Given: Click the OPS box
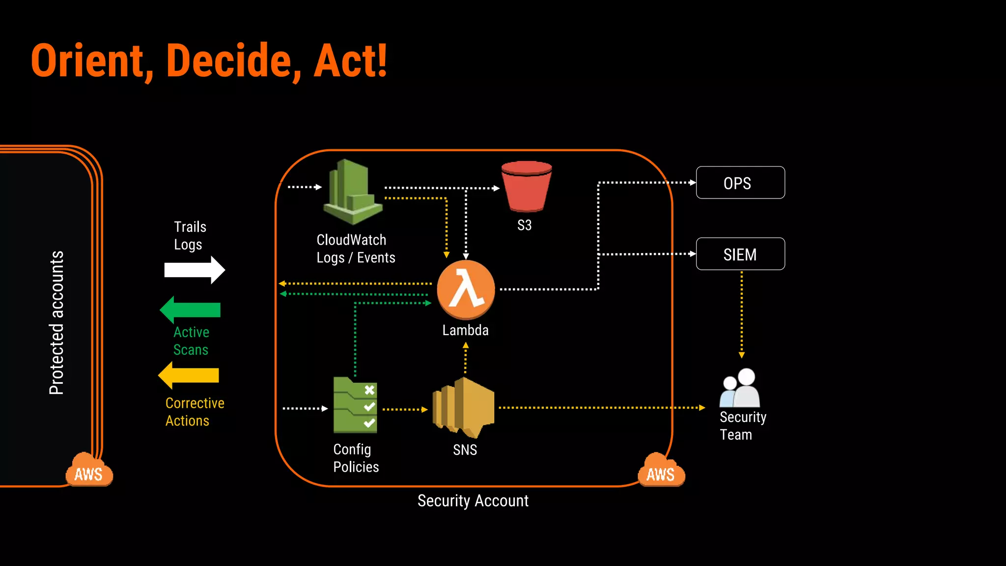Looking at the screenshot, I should pyautogui.click(x=740, y=183).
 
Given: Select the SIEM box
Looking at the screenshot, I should pyautogui.click(x=740, y=254).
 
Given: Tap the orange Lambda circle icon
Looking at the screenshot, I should pyautogui.click(x=466, y=290).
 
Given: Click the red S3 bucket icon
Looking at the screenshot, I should pyautogui.click(x=526, y=187).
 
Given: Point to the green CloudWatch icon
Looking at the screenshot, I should pyautogui.click(x=352, y=192).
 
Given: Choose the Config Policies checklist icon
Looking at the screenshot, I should pyautogui.click(x=355, y=405).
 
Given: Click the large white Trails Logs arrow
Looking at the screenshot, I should pyautogui.click(x=195, y=270).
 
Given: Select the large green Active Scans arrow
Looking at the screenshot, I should pyautogui.click(x=190, y=310).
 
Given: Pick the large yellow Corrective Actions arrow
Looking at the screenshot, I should pyautogui.click(x=189, y=375).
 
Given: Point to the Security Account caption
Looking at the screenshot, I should pyautogui.click(x=473, y=501).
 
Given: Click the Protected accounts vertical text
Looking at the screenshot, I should pyautogui.click(x=57, y=322).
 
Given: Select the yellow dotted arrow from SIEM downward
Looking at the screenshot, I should pyautogui.click(x=741, y=314).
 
